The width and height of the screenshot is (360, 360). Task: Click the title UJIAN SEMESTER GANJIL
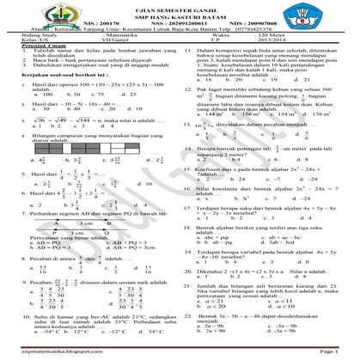tap(180, 7)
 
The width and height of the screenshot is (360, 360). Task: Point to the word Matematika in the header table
tap(128, 57)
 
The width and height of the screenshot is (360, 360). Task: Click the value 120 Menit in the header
tap(287, 57)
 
